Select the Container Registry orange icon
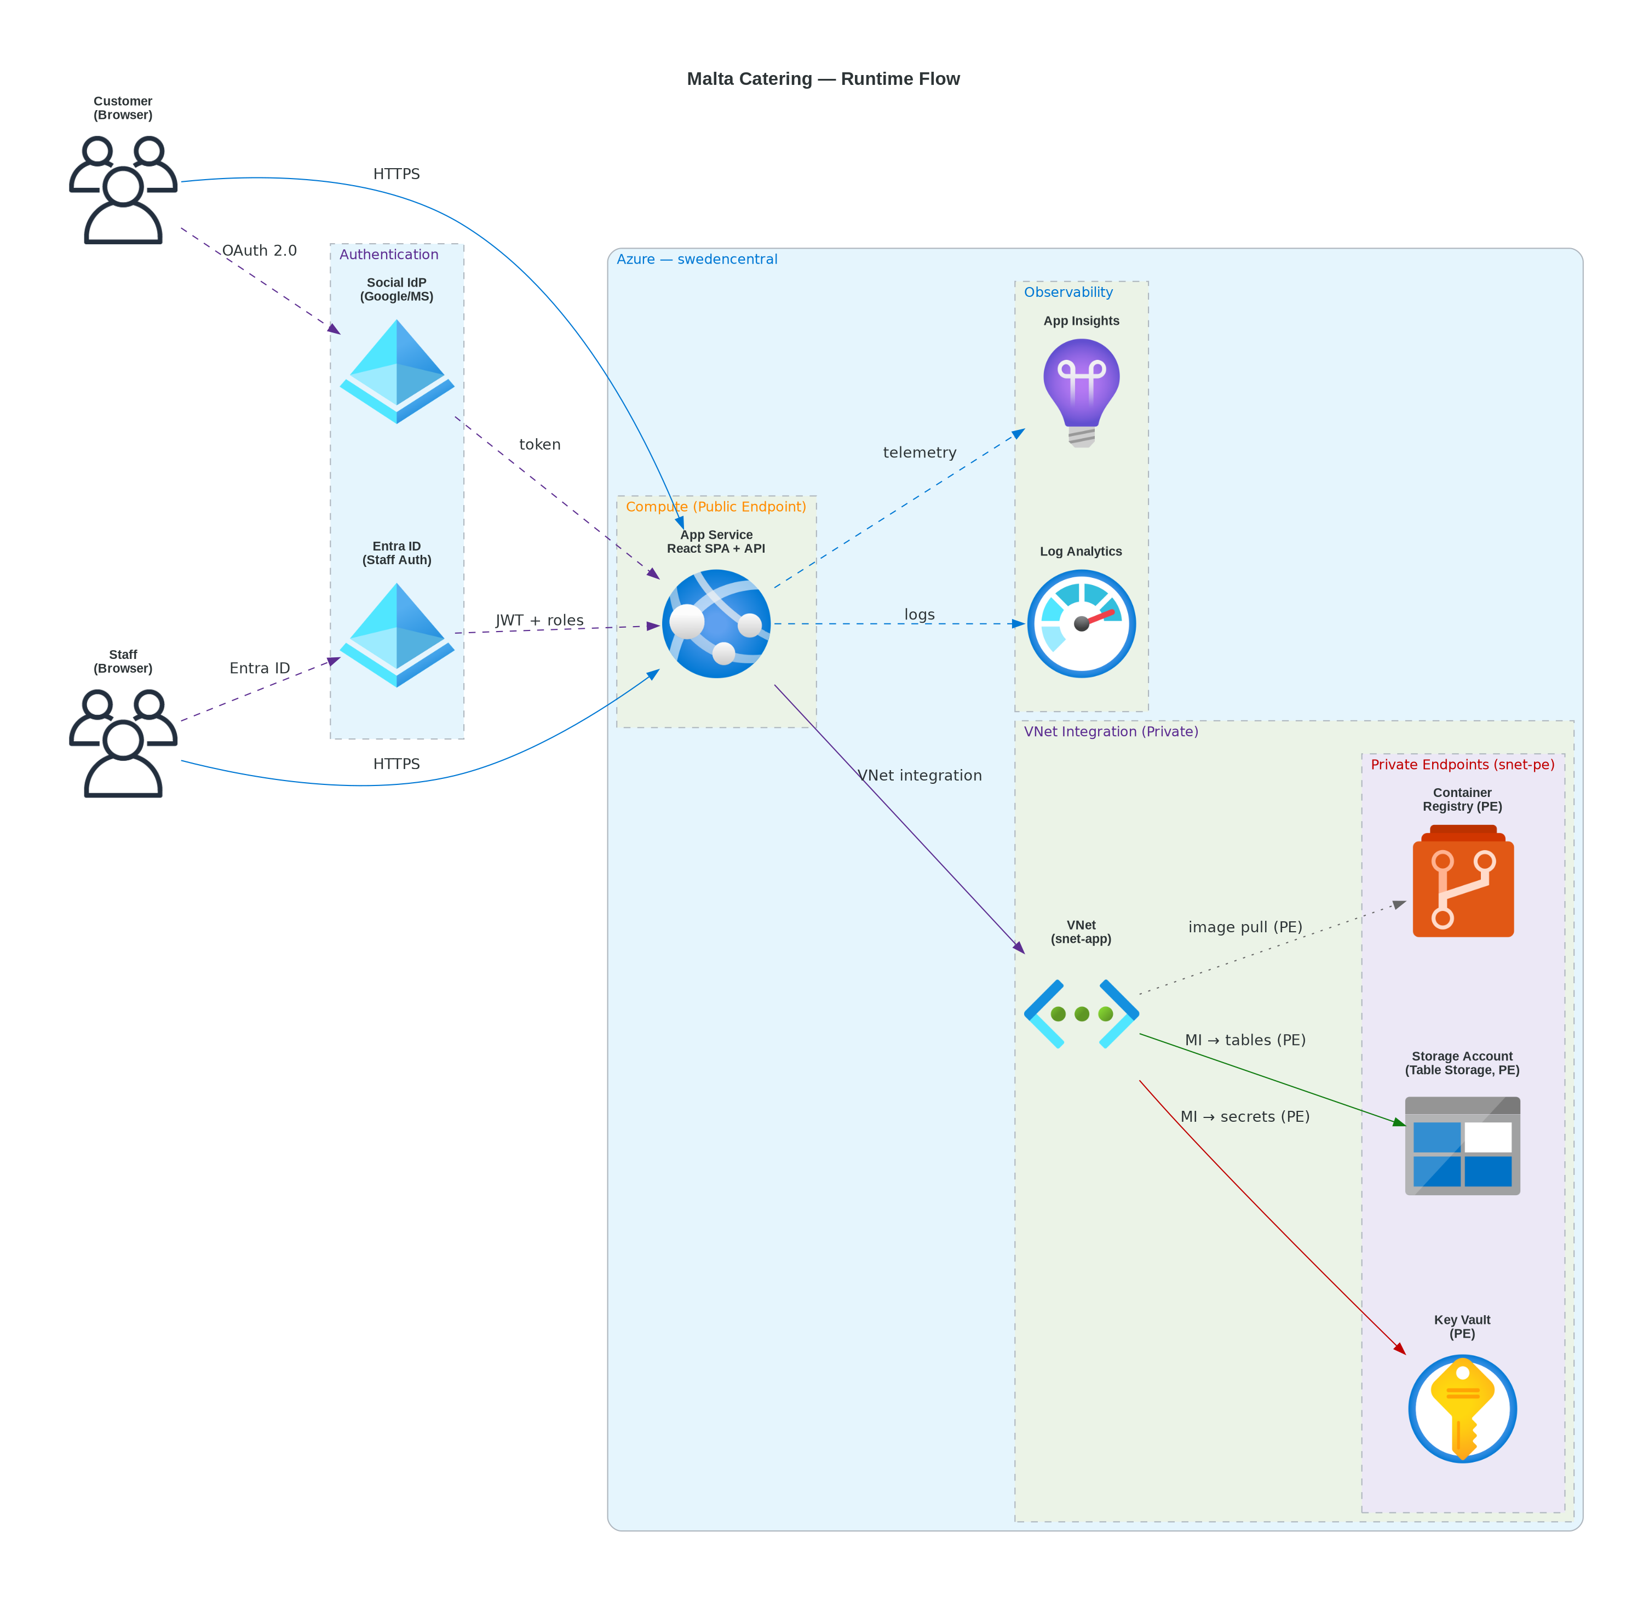1463,881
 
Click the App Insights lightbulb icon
1081,392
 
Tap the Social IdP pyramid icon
397,371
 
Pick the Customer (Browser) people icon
123,190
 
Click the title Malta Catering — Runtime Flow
823,78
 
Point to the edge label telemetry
920,452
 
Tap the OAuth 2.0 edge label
259,250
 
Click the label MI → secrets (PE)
1244,1116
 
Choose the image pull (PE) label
1245,926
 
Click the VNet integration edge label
920,775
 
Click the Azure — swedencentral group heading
697,259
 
